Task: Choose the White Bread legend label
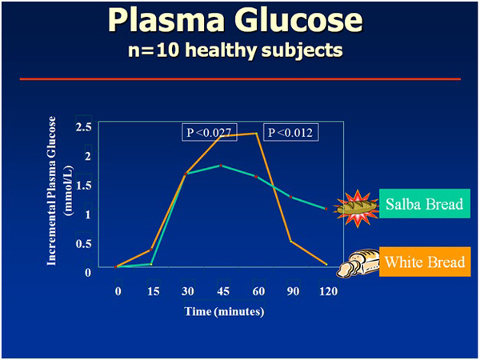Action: pos(424,262)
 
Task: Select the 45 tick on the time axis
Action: pos(221,291)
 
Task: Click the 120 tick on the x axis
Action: pos(326,291)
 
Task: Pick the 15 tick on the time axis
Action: pos(151,291)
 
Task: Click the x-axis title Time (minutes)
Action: pos(223,311)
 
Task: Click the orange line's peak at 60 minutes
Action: pos(256,134)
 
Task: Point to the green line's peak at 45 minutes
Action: pos(221,165)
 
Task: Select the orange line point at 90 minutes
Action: pos(291,241)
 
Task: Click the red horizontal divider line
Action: pos(240,78)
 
